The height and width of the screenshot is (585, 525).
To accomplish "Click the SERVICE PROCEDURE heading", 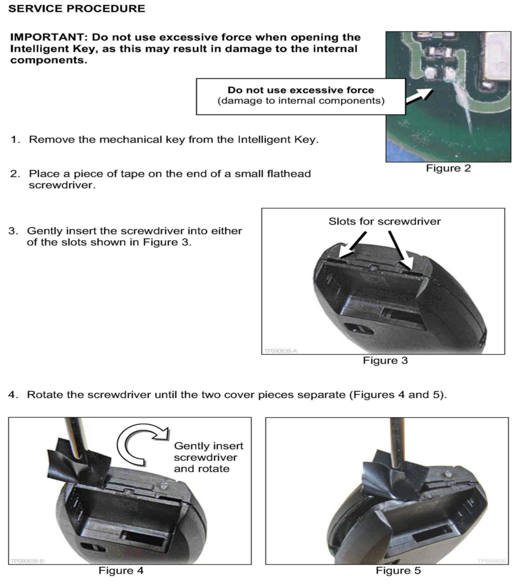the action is point(77,9).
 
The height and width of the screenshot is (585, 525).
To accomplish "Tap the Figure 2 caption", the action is point(448,168).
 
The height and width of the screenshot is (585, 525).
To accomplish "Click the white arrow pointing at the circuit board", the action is point(419,96).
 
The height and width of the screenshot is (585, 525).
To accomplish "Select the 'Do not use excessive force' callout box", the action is point(301,97).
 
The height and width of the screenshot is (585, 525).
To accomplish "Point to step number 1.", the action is point(16,140).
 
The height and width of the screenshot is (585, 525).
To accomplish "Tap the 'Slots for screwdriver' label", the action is point(385,221).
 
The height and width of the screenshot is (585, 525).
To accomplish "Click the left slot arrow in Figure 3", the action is point(353,245).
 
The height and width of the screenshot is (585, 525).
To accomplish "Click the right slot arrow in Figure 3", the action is point(401,250).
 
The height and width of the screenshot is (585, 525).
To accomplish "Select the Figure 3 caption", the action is point(385,361).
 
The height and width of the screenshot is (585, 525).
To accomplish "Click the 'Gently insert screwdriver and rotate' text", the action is point(208,457).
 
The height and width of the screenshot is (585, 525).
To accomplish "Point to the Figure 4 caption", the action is point(121,571).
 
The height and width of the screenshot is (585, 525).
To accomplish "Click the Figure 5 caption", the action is point(398,571).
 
